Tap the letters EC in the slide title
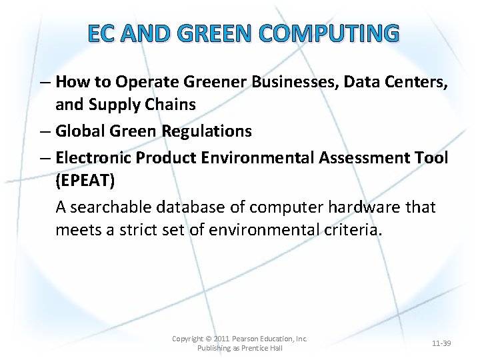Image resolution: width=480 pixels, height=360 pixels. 101,32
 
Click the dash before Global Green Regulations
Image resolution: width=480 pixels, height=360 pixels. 45,131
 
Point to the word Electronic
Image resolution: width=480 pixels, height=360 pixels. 93,157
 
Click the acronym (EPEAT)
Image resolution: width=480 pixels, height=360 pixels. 86,181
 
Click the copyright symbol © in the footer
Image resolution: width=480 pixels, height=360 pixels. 208,339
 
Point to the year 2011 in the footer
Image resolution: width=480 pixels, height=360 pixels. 221,339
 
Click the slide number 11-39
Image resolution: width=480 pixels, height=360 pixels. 441,343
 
